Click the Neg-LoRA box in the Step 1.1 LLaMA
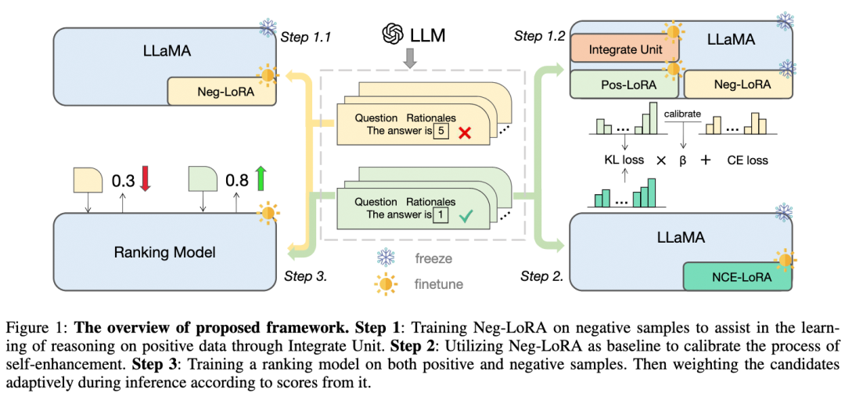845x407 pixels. click(x=221, y=92)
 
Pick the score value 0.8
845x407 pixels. click(x=237, y=180)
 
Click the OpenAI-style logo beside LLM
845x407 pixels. click(x=392, y=34)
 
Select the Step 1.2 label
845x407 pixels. click(x=540, y=36)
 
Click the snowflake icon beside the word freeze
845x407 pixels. click(x=386, y=257)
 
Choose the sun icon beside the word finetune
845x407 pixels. click(x=386, y=284)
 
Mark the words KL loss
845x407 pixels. click(x=624, y=160)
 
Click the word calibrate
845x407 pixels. click(x=683, y=113)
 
